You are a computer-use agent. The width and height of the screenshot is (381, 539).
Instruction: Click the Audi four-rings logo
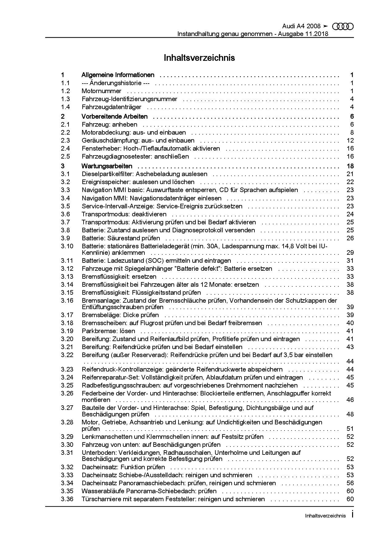[343, 27]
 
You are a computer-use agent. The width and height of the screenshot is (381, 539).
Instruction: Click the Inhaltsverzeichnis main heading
[199, 58]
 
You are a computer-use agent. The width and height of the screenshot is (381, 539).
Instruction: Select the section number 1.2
[65, 91]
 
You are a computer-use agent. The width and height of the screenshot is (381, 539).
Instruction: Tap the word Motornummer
[101, 91]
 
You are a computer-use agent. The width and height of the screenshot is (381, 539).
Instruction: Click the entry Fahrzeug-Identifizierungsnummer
[129, 99]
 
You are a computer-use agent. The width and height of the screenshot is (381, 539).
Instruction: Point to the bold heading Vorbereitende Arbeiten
[115, 116]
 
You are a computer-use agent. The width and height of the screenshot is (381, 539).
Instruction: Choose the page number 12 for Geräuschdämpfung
[350, 140]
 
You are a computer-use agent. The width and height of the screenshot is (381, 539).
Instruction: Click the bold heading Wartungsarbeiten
[107, 166]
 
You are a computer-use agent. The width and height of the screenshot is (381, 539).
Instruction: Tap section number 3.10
[67, 246]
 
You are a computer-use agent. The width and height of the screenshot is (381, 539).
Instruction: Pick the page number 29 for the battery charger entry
[350, 253]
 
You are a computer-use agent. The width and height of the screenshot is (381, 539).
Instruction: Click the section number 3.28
[67, 422]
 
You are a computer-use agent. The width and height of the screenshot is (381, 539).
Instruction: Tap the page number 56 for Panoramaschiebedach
[350, 483]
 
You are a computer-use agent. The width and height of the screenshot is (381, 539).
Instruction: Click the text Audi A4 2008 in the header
[301, 26]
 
